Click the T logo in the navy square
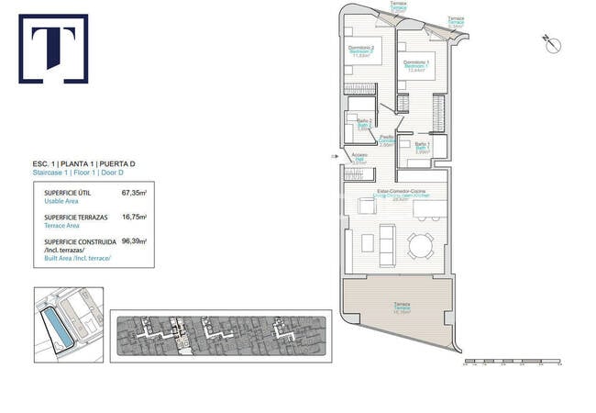point(53,48)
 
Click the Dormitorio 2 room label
point(361,51)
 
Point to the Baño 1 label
point(422,147)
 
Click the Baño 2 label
point(364,124)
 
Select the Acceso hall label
point(359,159)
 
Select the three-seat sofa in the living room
point(388,243)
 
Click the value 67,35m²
point(134,194)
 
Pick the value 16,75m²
point(134,218)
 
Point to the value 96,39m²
point(134,241)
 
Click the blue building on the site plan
point(57,321)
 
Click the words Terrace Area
point(64,225)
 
